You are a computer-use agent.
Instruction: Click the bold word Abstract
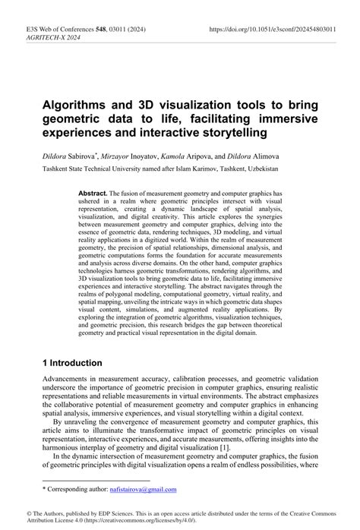[x=92, y=194]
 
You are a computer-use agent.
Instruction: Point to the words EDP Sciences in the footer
[x=93, y=514]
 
